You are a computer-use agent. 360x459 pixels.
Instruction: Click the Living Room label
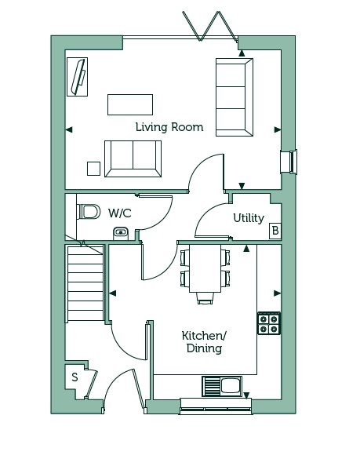click(169, 127)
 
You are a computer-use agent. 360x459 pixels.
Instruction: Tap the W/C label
click(120, 213)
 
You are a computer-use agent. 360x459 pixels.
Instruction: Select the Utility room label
click(249, 218)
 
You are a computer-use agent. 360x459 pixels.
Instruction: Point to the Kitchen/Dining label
click(204, 342)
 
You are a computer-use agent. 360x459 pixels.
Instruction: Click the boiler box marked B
click(275, 231)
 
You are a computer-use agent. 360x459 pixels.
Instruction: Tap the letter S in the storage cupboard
click(75, 377)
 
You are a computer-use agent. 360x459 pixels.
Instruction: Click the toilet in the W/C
click(88, 211)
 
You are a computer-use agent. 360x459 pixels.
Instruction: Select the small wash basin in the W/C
click(121, 233)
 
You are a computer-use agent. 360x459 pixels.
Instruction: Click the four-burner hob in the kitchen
click(269, 323)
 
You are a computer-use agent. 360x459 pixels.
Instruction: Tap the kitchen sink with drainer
click(222, 386)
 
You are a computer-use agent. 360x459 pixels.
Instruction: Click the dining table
click(205, 268)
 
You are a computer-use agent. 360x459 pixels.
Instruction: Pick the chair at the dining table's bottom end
click(205, 298)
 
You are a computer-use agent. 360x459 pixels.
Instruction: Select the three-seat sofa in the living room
click(235, 97)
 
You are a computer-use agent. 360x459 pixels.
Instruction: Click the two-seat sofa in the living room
click(133, 158)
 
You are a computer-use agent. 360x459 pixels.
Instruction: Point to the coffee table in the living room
click(130, 104)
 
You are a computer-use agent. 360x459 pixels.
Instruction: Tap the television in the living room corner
click(78, 77)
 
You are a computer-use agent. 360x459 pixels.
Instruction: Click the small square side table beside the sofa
click(93, 169)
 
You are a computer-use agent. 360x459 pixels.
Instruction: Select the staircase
click(85, 283)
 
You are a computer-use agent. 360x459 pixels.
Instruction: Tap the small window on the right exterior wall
click(289, 162)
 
